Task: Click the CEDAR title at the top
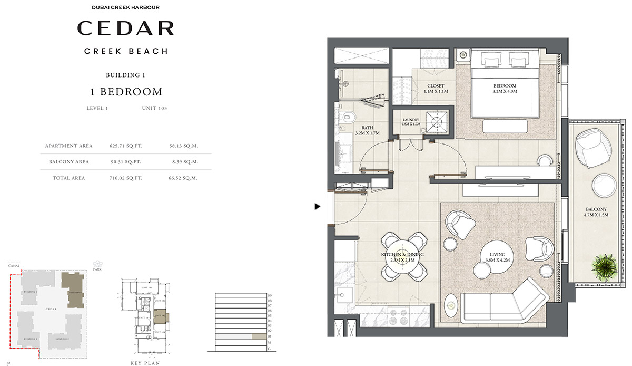[x=126, y=28]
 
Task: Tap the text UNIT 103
[x=154, y=108]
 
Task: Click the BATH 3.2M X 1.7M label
[x=367, y=130]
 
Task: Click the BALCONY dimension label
[x=595, y=212]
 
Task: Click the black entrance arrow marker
[x=317, y=207]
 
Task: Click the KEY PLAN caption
[x=145, y=363]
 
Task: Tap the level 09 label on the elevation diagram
[x=269, y=295]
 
